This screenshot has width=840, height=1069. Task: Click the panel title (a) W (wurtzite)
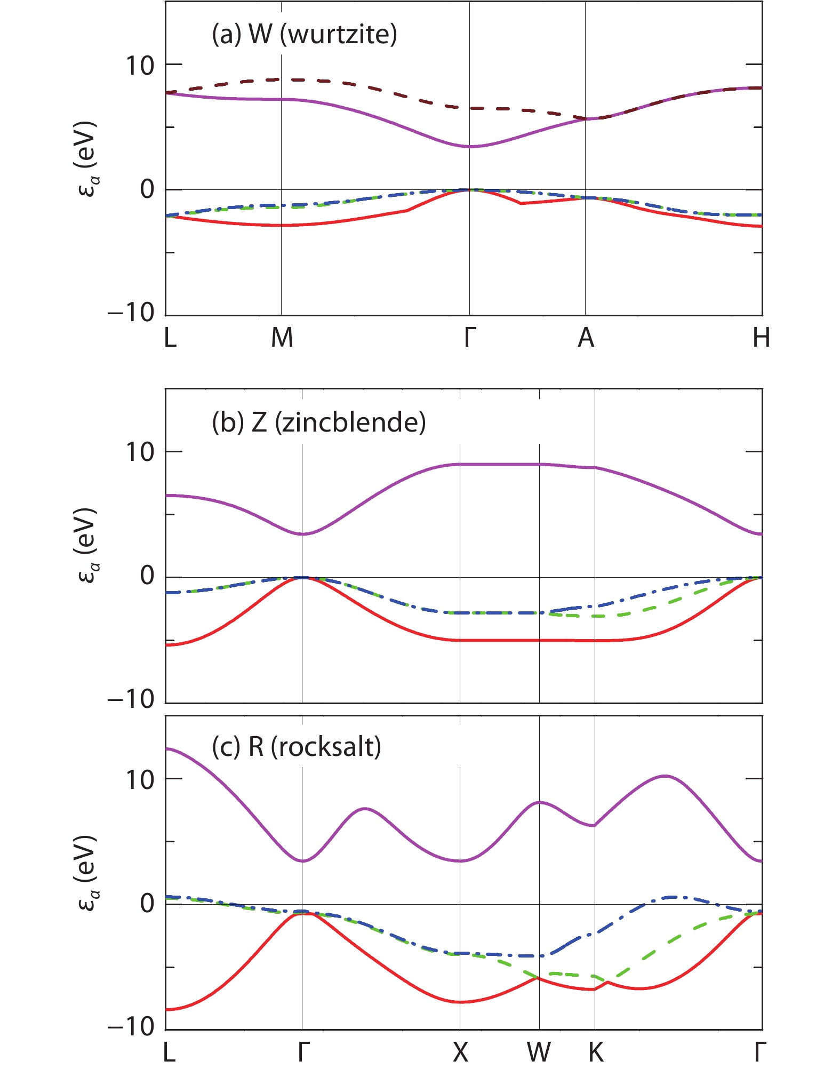304,35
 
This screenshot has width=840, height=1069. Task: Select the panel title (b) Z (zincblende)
318,422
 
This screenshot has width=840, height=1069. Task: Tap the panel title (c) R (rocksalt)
296,747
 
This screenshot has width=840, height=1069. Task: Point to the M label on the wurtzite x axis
282,337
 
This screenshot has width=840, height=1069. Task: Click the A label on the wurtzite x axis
586,337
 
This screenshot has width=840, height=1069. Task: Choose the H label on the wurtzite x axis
761,337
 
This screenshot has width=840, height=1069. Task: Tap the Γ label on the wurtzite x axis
470,337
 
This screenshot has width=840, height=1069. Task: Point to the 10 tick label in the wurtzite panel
139,66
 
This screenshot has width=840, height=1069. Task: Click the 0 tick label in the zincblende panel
147,576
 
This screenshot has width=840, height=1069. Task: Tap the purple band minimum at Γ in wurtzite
469,146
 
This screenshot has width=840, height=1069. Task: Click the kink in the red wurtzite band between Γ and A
520,203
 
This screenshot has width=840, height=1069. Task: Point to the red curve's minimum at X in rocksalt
460,1002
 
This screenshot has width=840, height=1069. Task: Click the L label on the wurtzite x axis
170,337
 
